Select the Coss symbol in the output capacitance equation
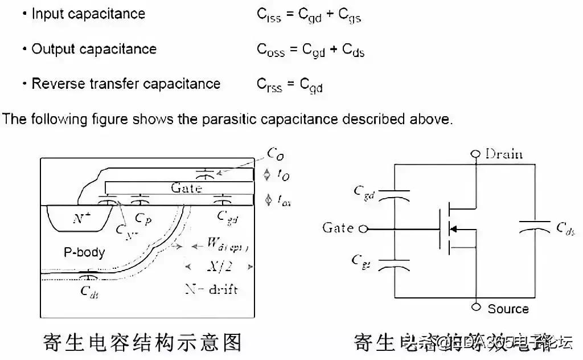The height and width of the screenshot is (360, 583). [270, 51]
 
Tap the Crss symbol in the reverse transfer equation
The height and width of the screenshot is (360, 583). [269, 85]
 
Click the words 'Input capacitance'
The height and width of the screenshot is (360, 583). [88, 14]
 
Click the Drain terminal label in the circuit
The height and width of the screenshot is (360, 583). [503, 154]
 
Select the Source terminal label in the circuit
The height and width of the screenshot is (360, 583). [508, 309]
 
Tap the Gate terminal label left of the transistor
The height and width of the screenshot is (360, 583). [338, 228]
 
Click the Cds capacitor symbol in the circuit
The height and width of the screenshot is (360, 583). [533, 228]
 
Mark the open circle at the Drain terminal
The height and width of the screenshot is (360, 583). [476, 154]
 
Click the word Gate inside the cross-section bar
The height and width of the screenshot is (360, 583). [186, 187]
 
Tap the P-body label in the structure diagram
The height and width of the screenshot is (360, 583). [84, 251]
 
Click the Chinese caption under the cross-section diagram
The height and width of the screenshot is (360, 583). [142, 342]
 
